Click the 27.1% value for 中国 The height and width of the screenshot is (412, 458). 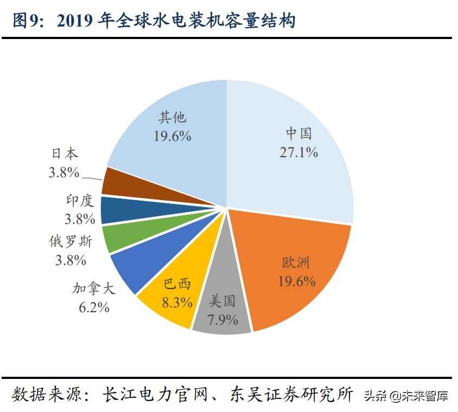[x=298, y=152]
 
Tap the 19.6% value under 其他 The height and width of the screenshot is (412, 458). [x=171, y=136]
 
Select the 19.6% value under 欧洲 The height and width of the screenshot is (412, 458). [x=296, y=281]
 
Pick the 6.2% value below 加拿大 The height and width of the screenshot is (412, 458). [x=94, y=307]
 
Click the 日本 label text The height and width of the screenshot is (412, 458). [x=64, y=153]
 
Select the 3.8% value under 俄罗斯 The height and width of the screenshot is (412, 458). [x=71, y=260]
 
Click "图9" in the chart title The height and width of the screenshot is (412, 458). [x=25, y=21]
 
